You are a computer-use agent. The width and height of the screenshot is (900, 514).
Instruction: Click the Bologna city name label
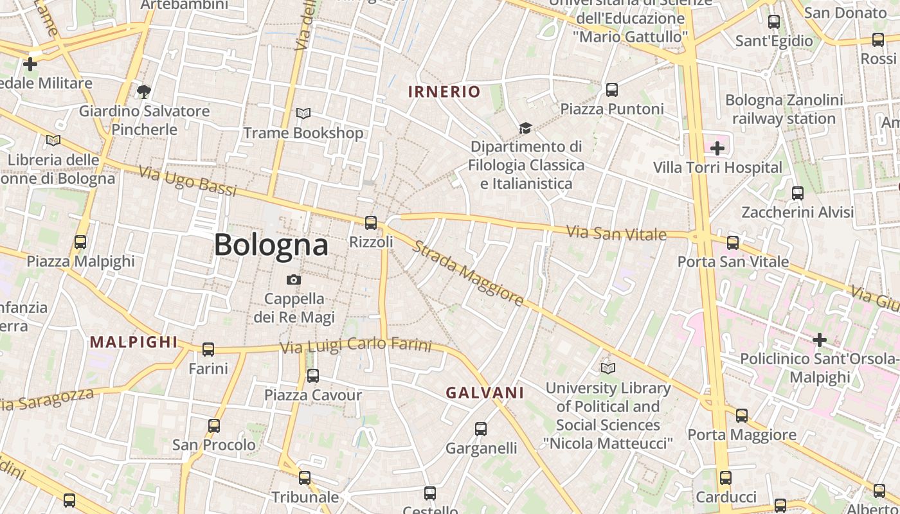(271, 245)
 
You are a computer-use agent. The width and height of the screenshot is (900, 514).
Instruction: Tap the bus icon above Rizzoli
(371, 223)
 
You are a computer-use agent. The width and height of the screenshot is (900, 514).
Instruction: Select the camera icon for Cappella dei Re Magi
(294, 279)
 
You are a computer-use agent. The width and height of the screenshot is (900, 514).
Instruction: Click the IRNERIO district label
(444, 91)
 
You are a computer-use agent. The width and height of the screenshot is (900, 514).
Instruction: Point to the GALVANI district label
(485, 393)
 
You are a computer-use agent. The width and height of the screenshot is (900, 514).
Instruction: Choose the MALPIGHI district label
(134, 342)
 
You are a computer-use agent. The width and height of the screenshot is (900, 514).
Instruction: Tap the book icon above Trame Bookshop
(303, 114)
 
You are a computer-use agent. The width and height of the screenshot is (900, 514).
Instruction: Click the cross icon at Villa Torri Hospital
(717, 148)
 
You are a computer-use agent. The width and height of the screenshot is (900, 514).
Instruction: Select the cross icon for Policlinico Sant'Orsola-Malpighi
(819, 339)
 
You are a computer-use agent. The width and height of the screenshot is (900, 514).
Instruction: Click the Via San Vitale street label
(616, 233)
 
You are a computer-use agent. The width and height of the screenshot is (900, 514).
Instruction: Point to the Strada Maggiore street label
(468, 273)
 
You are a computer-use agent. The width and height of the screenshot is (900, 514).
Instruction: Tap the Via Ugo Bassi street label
(188, 181)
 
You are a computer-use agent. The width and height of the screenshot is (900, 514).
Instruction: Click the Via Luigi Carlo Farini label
(355, 345)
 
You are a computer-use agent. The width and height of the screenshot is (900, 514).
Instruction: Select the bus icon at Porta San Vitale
(733, 242)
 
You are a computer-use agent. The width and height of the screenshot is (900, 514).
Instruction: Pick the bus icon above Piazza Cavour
(313, 376)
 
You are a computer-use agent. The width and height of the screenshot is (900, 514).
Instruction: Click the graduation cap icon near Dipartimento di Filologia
(526, 128)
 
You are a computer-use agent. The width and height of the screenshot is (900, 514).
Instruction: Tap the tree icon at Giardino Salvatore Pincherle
(144, 92)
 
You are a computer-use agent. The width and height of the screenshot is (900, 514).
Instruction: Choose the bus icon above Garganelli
(481, 429)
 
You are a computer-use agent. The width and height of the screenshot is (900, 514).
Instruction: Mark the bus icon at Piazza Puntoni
(612, 90)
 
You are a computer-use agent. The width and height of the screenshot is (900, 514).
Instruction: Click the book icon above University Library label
(607, 368)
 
